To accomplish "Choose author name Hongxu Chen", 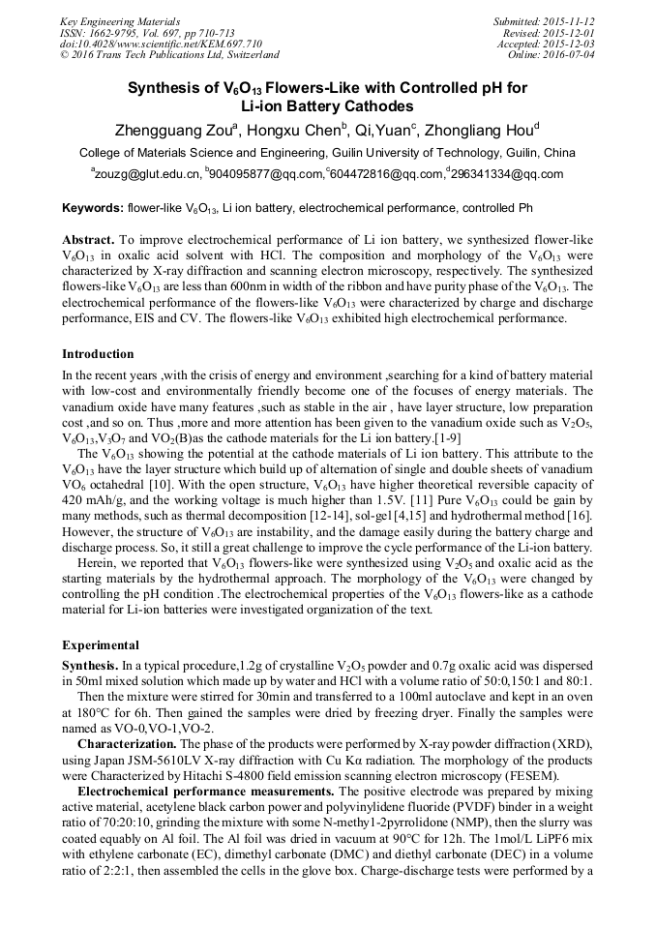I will [296, 131].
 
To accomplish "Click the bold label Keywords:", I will [92, 208].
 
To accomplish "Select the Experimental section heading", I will [101, 645].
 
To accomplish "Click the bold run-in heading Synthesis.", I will [90, 667].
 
